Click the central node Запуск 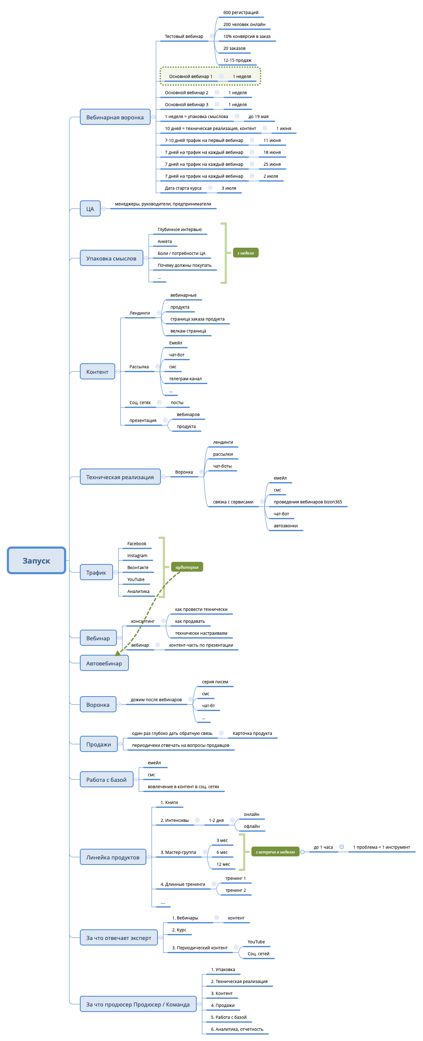click(x=36, y=561)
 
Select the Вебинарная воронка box click(x=115, y=117)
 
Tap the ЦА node click(x=90, y=209)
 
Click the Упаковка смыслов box click(x=111, y=258)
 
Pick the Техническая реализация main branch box click(x=120, y=477)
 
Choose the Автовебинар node click(x=104, y=663)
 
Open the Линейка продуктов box click(x=113, y=857)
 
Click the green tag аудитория click(x=187, y=567)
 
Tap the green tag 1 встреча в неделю click(x=275, y=852)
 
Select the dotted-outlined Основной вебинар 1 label click(x=190, y=77)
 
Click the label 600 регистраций click(x=241, y=13)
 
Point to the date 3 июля click(x=229, y=188)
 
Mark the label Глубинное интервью click(x=180, y=230)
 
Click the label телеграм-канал click(x=185, y=379)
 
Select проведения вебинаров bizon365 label click(x=308, y=502)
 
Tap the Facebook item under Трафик click(x=137, y=544)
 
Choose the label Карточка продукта click(x=252, y=733)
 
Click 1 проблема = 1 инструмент click(x=381, y=847)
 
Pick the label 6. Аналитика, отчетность click(x=237, y=1029)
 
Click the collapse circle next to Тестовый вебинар click(x=212, y=36)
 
